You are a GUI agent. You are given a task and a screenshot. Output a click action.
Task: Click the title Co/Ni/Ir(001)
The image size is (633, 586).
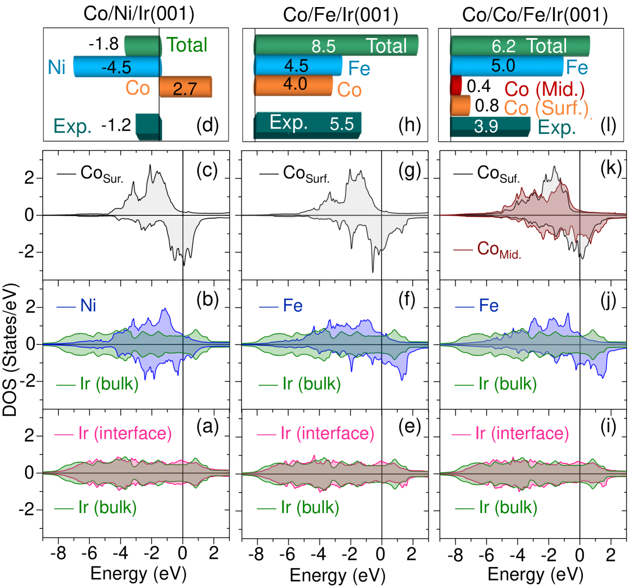pyautogui.click(x=139, y=14)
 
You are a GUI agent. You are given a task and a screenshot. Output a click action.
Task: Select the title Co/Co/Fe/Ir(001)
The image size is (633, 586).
pyautogui.click(x=534, y=15)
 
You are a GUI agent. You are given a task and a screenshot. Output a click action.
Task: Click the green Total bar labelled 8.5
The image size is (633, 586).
pyautogui.click(x=335, y=45)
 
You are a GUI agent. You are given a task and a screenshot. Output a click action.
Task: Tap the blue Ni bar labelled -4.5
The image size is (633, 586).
pyautogui.click(x=118, y=67)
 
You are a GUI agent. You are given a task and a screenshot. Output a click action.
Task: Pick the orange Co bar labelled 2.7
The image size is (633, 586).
pyautogui.click(x=185, y=88)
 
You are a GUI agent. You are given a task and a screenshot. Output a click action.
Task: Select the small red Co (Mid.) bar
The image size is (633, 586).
pyautogui.click(x=456, y=86)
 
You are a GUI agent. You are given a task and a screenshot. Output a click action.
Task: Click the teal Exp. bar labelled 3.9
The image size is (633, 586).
pyautogui.click(x=490, y=126)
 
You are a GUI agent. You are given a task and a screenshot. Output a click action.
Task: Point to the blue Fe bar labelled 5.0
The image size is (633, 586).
pyautogui.click(x=506, y=66)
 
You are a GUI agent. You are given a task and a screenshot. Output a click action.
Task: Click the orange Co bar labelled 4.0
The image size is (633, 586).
pyautogui.click(x=293, y=85)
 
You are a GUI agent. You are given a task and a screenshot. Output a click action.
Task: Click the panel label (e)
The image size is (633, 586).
pyautogui.click(x=409, y=427)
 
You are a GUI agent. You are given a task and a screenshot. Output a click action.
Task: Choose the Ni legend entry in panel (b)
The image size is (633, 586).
pyautogui.click(x=88, y=305)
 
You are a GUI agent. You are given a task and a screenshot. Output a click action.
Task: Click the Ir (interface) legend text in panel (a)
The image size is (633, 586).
pyautogui.click(x=125, y=433)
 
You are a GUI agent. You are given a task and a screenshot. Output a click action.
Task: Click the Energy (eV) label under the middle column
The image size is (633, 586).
pyautogui.click(x=337, y=574)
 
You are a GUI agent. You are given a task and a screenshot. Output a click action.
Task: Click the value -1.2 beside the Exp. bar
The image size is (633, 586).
pyautogui.click(x=116, y=126)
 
